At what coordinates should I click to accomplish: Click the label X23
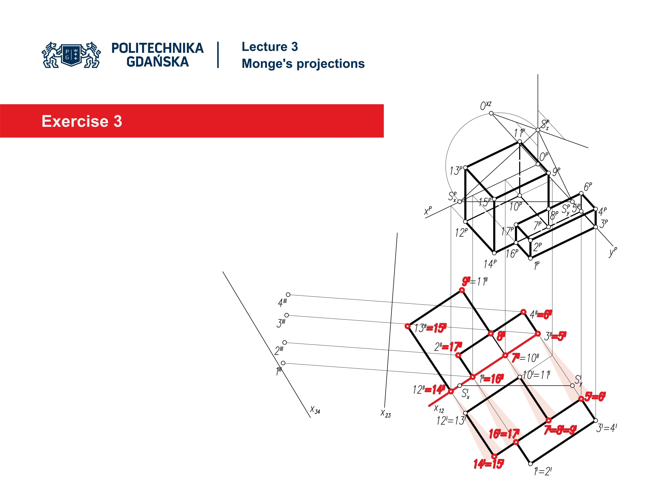(385, 414)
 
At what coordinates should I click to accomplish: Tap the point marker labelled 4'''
(288, 295)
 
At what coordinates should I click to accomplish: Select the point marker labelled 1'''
(283, 363)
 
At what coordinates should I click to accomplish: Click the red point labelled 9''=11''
(462, 290)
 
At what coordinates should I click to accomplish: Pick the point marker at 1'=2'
(530, 464)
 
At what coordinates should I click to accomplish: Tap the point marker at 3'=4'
(595, 420)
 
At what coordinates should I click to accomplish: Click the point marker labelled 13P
(465, 168)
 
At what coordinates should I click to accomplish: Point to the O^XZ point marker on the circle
(491, 113)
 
